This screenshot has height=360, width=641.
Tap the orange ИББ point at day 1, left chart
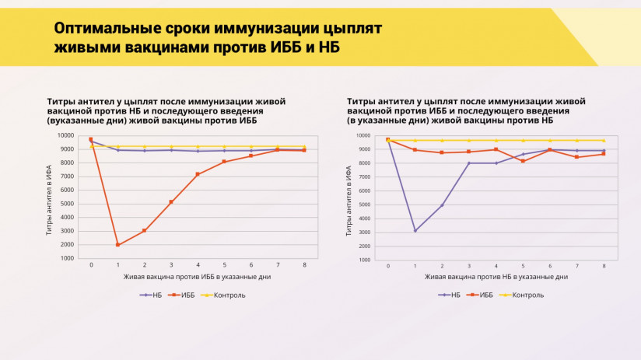click(x=117, y=245)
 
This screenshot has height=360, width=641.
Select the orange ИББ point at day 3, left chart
click(x=171, y=202)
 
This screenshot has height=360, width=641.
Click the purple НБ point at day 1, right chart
click(x=415, y=231)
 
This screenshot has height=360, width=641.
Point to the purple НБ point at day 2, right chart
click(x=442, y=205)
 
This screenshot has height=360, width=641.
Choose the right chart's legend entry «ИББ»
click(x=486, y=295)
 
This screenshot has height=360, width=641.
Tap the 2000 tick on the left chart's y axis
click(x=68, y=245)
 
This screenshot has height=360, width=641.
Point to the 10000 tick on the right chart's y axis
click(x=363, y=135)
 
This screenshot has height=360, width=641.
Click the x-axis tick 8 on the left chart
click(x=303, y=265)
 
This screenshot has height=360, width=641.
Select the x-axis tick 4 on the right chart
click(x=496, y=266)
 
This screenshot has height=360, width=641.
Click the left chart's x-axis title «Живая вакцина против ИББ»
click(x=173, y=276)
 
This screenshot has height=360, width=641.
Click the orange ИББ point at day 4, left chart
click(x=198, y=174)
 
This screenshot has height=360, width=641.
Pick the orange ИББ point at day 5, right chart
click(x=523, y=161)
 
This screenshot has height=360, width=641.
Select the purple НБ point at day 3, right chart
click(x=469, y=163)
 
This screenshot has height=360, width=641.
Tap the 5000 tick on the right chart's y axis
click(x=365, y=204)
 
